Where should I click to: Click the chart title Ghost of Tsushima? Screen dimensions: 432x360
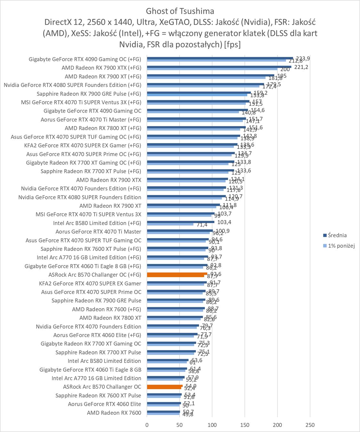[x=180, y=11]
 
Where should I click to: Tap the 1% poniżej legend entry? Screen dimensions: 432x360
[x=341, y=246]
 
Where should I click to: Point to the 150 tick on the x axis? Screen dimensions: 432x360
[x=245, y=425]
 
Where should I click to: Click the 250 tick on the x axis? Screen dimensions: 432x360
[x=310, y=425]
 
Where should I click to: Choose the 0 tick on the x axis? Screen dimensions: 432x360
[x=147, y=425]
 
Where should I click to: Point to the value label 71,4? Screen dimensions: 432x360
[x=202, y=225]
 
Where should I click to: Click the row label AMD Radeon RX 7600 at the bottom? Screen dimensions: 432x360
[x=114, y=413]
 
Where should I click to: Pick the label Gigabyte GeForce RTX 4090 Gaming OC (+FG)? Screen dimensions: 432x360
[x=85, y=59]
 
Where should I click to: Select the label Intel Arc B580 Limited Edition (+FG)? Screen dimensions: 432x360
[x=97, y=223]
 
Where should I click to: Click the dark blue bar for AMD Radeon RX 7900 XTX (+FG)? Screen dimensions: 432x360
[x=219, y=67]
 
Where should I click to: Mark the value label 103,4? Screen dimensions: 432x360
[x=224, y=222]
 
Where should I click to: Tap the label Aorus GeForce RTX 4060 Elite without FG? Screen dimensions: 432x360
[x=104, y=404]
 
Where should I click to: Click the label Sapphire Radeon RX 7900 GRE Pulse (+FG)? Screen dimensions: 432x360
[x=89, y=94]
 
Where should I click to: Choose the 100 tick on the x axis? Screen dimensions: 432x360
[x=212, y=425]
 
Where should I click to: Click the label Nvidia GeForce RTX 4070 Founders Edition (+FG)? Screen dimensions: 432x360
[x=81, y=188]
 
